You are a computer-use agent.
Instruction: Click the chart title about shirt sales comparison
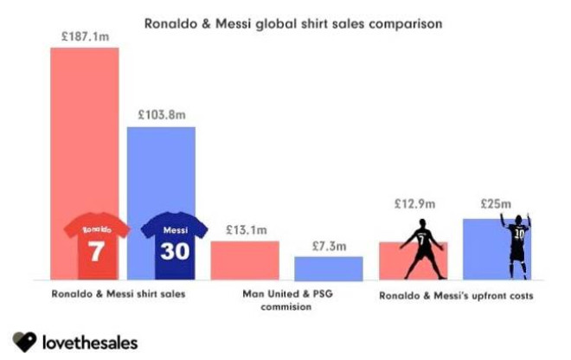click(x=292, y=24)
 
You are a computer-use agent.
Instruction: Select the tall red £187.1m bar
click(x=85, y=130)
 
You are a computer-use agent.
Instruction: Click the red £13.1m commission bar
click(x=245, y=260)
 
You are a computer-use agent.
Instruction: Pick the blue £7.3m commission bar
click(x=328, y=268)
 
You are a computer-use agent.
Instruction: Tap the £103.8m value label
click(x=161, y=116)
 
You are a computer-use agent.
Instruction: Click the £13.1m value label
click(x=245, y=230)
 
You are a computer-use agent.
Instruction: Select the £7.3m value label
click(x=329, y=247)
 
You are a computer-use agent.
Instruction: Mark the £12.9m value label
click(x=412, y=205)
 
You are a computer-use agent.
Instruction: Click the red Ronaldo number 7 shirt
click(x=97, y=241)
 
